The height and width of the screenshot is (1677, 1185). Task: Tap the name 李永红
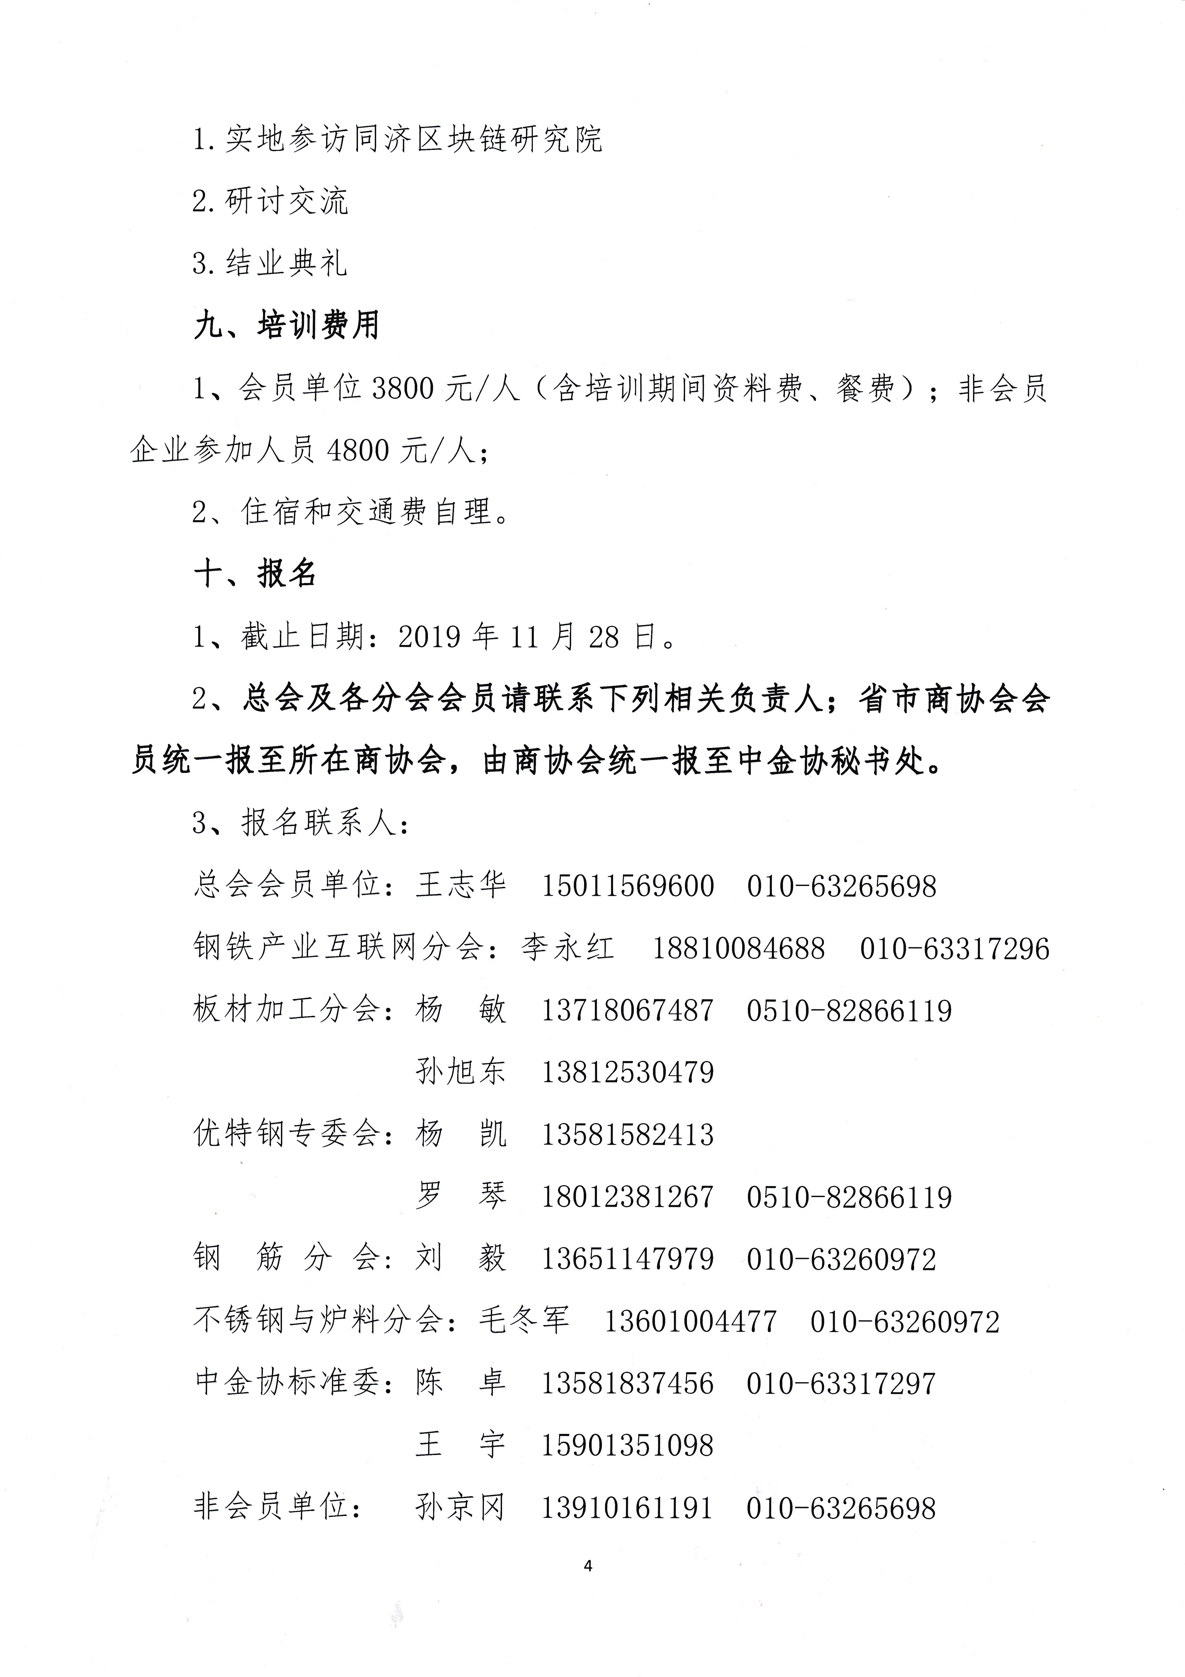click(x=567, y=948)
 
